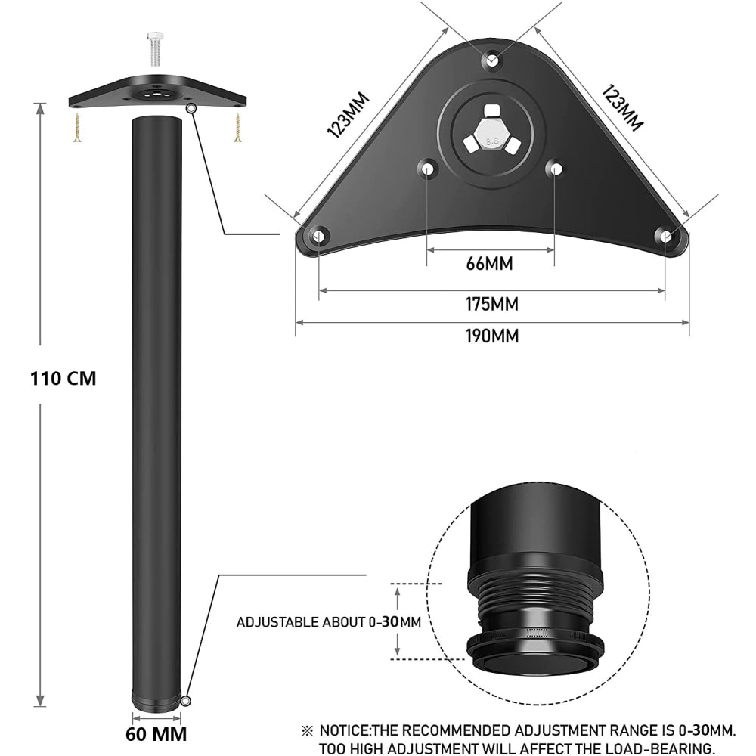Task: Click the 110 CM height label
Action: (64, 379)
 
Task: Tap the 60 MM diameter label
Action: (156, 734)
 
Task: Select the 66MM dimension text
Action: (489, 264)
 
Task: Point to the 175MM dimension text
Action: (492, 304)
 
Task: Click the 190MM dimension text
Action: (492, 336)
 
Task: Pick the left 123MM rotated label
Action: (348, 115)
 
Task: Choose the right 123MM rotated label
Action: (622, 108)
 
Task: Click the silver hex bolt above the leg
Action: (155, 48)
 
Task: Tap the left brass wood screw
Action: (77, 127)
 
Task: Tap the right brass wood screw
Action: (237, 127)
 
